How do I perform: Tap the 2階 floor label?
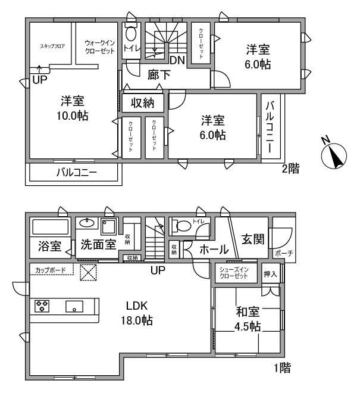point(290,169)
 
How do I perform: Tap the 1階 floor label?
point(282,368)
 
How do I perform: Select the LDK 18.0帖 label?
point(139,313)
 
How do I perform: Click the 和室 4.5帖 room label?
point(247,319)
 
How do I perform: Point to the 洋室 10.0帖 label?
point(73,108)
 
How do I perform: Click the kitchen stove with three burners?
point(43,307)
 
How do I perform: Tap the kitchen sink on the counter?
point(74,307)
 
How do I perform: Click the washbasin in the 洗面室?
point(87,224)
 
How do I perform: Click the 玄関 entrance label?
point(252,238)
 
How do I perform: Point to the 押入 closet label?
point(270,273)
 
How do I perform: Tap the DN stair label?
point(176,60)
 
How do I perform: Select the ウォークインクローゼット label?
point(99,47)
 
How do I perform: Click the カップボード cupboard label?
point(51,270)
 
